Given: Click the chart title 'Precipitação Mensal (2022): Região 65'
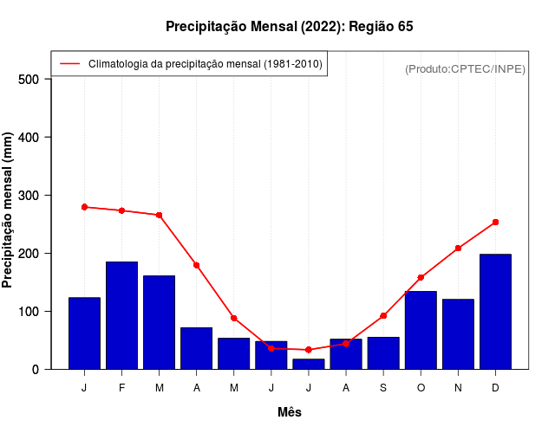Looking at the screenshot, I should pos(290,27).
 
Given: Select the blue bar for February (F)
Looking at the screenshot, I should pos(121,315).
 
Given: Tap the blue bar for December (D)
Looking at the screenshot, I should pos(495,312).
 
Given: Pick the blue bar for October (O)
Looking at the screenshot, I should pos(421,330).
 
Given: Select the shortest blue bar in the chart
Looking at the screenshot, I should pos(308,364).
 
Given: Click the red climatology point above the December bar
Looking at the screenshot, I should pos(495,223).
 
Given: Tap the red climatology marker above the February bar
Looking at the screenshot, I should pos(121,210).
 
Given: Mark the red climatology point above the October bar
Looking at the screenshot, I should pos(421,278).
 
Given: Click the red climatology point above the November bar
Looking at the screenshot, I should pos(458,249).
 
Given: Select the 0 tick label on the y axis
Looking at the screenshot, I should pos(36,370).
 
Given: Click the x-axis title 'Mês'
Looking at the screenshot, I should pos(290,412).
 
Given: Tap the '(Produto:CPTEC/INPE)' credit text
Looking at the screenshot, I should pos(466,68).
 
